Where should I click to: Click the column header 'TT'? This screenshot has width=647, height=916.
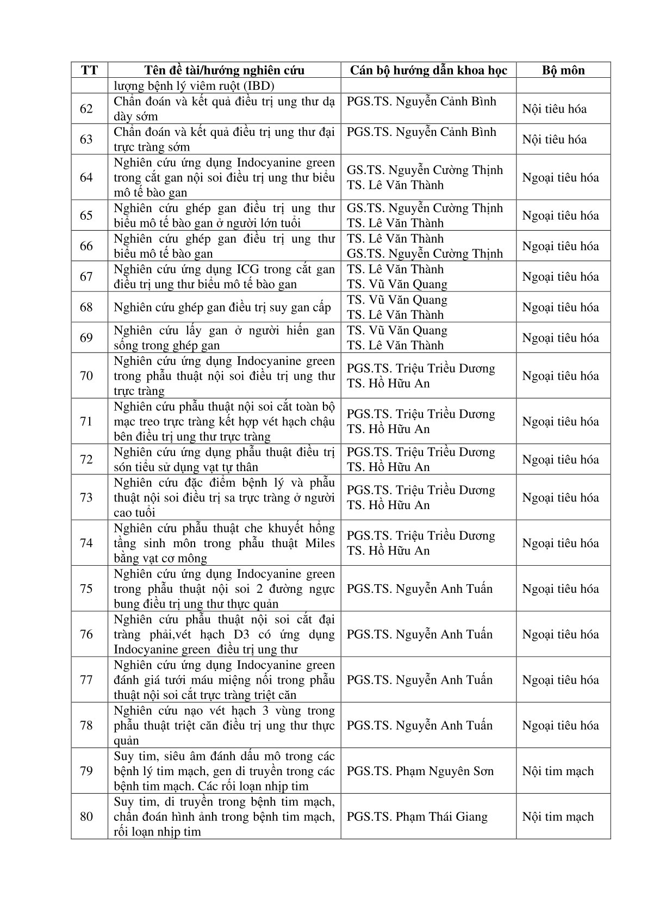tap(89, 70)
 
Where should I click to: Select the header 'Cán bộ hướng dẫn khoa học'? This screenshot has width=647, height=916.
tap(428, 70)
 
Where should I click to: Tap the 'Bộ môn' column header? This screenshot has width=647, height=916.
tap(563, 70)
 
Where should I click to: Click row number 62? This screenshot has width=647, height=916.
tap(86, 109)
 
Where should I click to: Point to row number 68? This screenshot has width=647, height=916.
tap(86, 307)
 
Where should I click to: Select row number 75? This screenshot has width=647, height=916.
tap(86, 589)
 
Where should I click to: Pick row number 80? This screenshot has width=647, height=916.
tap(86, 816)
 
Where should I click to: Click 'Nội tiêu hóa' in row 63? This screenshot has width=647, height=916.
tap(555, 139)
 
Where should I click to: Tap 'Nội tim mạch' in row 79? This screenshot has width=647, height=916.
tap(558, 771)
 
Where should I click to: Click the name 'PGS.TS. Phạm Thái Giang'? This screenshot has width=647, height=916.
tap(417, 816)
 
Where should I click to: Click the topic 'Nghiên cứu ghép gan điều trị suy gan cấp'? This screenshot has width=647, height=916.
tap(222, 307)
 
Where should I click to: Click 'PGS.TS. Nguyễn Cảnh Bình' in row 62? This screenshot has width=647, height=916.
tap(421, 101)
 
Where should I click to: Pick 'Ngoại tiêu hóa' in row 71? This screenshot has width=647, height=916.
tap(561, 422)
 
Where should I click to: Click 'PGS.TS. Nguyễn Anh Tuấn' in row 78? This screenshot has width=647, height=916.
tap(420, 725)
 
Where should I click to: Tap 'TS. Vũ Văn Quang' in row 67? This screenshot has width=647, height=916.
tap(397, 284)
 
